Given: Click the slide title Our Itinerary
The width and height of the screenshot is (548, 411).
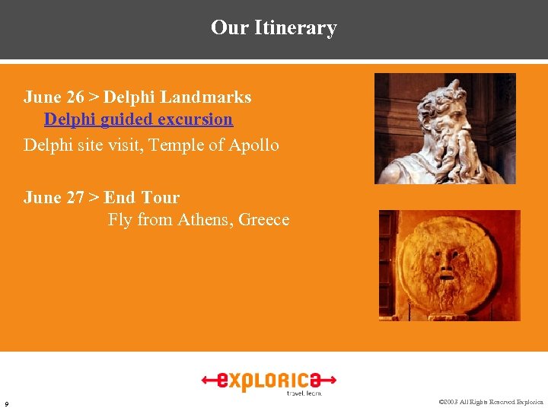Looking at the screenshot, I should pos(273,28).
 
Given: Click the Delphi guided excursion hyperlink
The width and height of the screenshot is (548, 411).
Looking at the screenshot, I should pos(139,119).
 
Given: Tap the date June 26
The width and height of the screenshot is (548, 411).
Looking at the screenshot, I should pos(53,97).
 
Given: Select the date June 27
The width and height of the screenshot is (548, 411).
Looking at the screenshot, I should pos(53,198).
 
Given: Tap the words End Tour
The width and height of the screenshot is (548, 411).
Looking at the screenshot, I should pos(142,198).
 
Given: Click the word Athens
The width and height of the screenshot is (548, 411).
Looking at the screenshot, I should pos(205,220).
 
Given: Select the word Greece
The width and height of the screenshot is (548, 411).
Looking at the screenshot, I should pos(263,220).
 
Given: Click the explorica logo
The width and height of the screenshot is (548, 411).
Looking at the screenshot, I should pos(269,381).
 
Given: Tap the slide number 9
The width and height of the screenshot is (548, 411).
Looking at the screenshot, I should pos(7,403).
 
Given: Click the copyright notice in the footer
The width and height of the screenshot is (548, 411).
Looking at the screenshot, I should pos(492,402).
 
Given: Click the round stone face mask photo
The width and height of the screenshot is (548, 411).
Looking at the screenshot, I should pos(448,266).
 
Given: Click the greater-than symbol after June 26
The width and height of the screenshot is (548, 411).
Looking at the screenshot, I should pos(94,97).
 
